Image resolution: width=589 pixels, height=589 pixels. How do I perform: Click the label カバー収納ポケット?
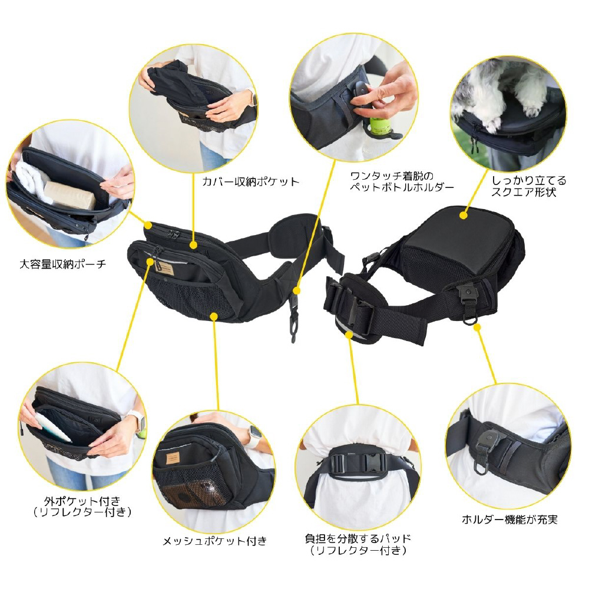250,182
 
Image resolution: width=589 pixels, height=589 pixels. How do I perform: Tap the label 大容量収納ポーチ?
63,264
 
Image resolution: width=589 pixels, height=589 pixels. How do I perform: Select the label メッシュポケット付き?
215,541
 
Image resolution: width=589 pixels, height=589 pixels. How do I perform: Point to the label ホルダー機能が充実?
509,519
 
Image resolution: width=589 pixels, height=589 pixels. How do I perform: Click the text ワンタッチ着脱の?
392,176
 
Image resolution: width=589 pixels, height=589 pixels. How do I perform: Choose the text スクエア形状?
524,193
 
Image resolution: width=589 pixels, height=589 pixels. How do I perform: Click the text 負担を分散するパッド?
358,539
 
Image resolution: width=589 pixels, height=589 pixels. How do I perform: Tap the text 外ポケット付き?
82,501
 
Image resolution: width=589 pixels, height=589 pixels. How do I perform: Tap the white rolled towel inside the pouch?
30,180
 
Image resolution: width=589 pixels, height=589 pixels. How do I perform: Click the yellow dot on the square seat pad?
464,215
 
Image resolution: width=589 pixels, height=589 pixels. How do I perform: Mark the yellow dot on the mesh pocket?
214,316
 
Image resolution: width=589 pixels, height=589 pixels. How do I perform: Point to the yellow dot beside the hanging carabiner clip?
297,290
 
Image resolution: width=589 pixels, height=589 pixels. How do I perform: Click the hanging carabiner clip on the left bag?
294,322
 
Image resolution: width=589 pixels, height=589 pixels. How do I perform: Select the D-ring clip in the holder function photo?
484,454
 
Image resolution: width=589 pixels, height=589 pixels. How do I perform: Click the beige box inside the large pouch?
71,196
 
